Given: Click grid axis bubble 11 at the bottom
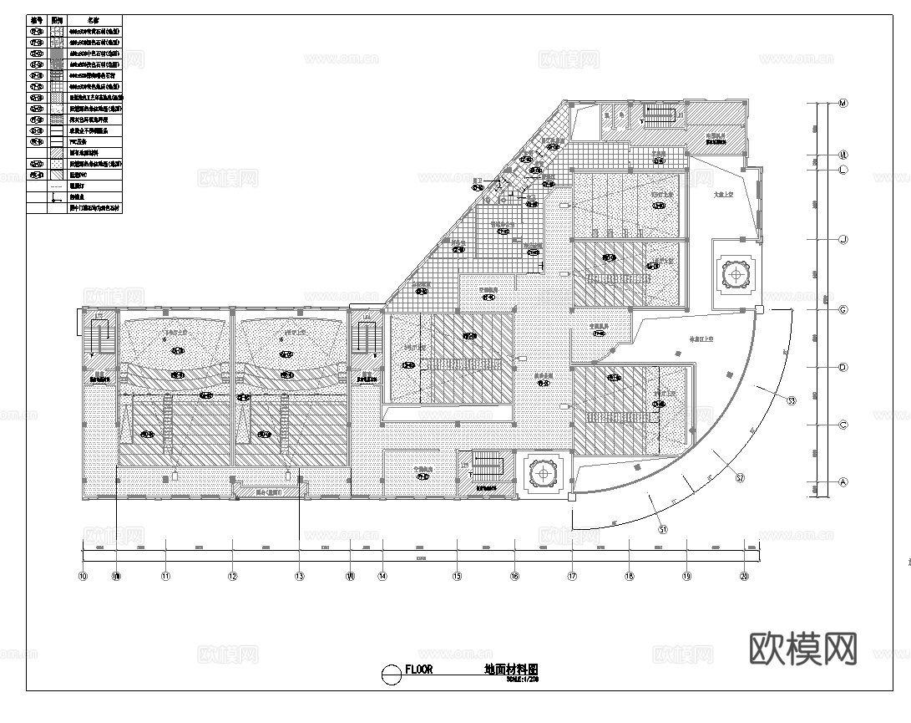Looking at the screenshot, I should [165, 576].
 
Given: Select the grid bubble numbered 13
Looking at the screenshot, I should [299, 576].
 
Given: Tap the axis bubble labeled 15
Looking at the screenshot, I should [457, 576].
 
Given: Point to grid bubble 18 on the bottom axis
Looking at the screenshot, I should [630, 576].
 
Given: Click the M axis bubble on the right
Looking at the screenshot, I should [843, 104].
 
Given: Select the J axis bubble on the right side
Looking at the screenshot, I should [843, 240].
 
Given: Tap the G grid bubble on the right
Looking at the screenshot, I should [843, 310].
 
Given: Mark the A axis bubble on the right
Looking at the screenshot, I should [843, 482].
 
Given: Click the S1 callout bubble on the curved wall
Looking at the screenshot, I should [663, 529].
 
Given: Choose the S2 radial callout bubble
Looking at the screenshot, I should [740, 478].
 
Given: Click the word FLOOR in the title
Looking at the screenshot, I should [418, 670].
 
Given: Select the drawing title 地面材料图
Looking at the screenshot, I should [511, 670].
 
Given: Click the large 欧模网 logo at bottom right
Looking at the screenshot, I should [804, 648].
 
